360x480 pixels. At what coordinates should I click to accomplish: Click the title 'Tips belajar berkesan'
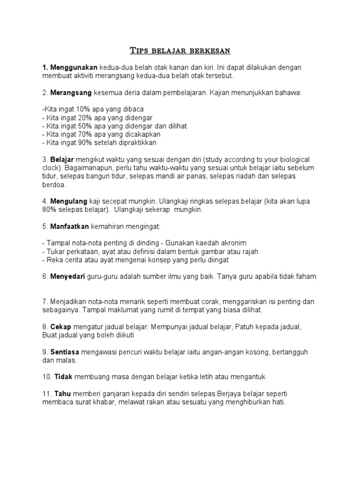[180, 50]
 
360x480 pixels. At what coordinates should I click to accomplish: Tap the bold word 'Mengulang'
[68, 201]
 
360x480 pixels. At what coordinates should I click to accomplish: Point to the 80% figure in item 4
[49, 210]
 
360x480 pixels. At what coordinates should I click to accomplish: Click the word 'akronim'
[232, 243]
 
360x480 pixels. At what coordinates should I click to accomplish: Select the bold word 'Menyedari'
[67, 277]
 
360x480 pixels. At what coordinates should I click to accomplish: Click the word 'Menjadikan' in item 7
[67, 301]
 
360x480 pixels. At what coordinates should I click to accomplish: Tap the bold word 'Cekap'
[60, 327]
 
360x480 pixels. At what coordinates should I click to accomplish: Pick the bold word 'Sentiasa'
[66, 352]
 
